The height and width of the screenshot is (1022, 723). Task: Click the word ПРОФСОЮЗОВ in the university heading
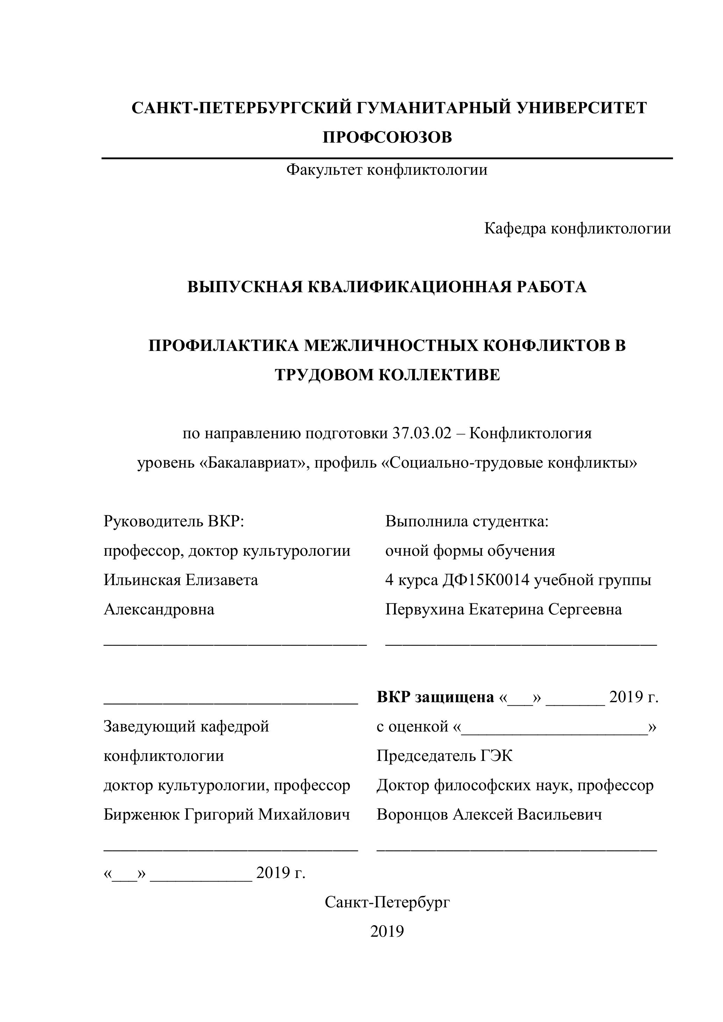[387, 137]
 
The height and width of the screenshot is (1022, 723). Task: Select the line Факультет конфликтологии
[387, 170]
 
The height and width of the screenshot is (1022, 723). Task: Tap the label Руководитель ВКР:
[174, 521]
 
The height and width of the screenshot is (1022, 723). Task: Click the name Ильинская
[142, 580]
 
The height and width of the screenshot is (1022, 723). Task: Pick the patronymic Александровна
[159, 609]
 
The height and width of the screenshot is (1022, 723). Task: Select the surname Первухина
[424, 609]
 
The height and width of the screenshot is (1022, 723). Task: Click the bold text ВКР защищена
[435, 697]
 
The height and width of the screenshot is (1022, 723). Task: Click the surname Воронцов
[412, 815]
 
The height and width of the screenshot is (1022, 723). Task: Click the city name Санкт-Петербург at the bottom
[387, 902]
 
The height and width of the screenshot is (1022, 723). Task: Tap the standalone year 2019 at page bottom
[387, 931]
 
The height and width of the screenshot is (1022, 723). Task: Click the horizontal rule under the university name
[387, 158]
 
